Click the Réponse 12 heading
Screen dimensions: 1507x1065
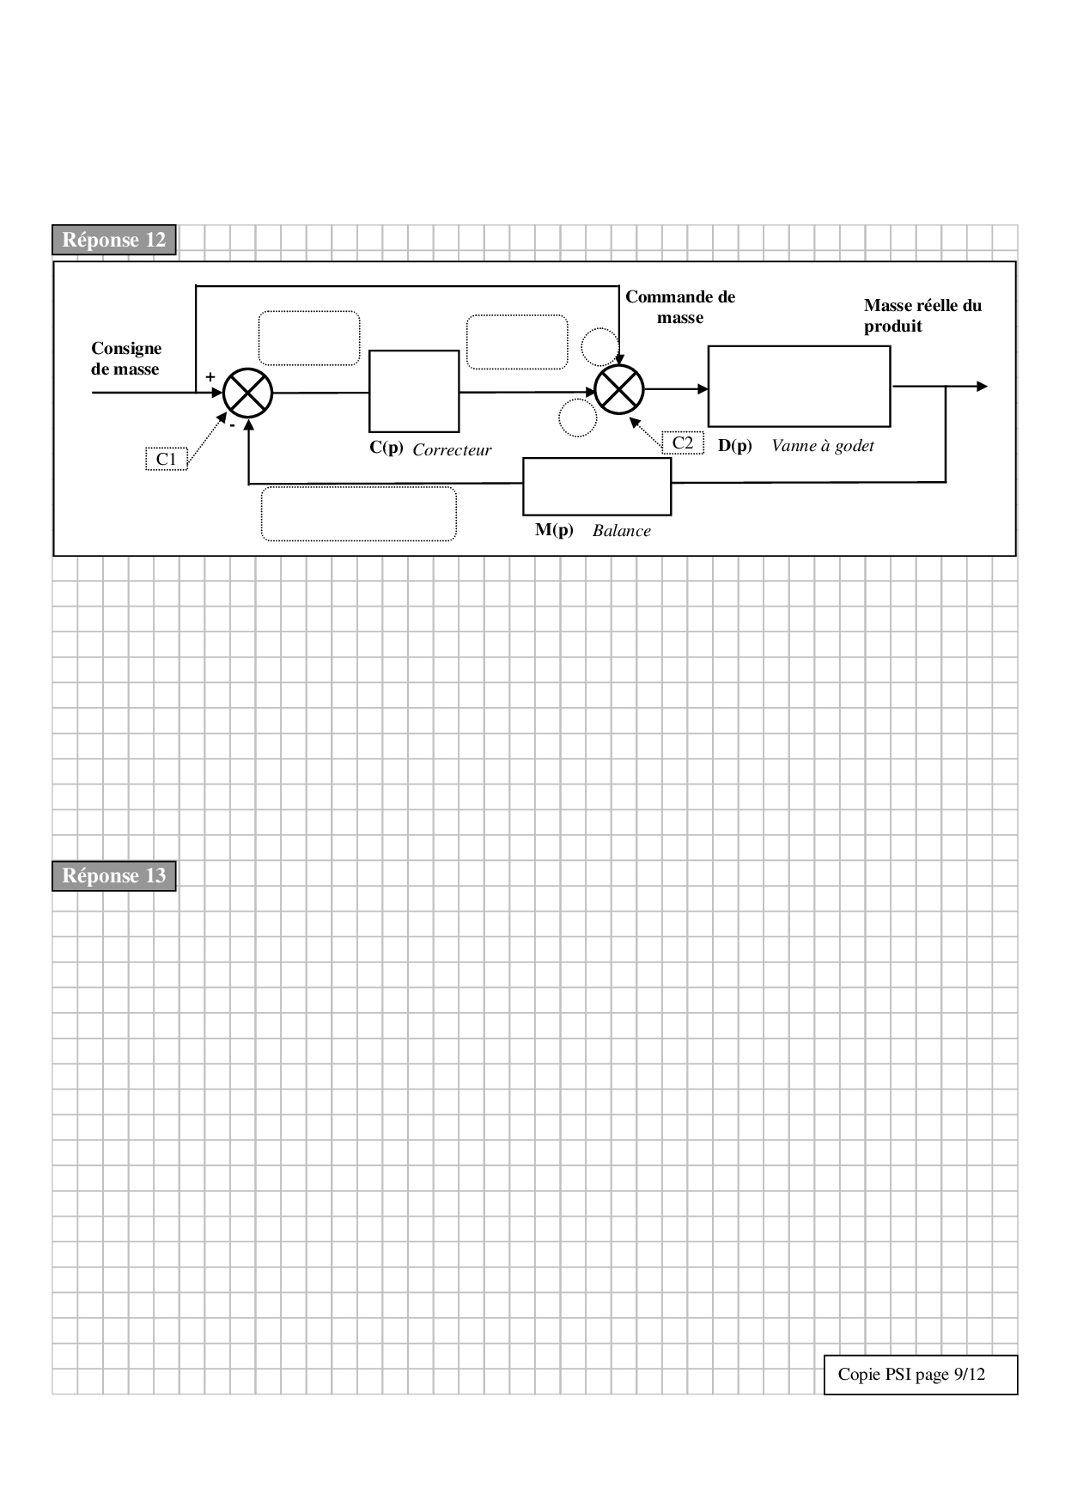(x=113, y=240)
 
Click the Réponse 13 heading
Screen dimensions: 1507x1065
(x=113, y=876)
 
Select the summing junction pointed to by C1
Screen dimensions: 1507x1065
(x=247, y=393)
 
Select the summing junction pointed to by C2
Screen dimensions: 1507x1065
(x=619, y=389)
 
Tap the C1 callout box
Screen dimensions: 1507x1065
(x=166, y=459)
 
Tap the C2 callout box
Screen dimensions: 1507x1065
(x=683, y=442)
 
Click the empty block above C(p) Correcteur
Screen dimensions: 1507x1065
(x=414, y=391)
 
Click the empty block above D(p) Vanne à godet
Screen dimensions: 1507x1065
(x=799, y=387)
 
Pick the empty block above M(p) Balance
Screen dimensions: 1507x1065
(x=597, y=485)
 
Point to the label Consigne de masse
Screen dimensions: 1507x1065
(x=126, y=358)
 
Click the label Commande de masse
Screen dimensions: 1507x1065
(x=680, y=307)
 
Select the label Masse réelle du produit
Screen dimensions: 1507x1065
(x=922, y=315)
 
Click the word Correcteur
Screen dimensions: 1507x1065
(x=452, y=450)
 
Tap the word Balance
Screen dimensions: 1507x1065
(x=621, y=531)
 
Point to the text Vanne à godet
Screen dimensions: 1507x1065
(x=822, y=446)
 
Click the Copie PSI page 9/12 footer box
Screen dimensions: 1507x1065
(x=920, y=1375)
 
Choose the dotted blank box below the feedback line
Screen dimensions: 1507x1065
(x=358, y=514)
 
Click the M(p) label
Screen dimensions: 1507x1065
(x=554, y=530)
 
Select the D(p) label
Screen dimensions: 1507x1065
(x=734, y=446)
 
